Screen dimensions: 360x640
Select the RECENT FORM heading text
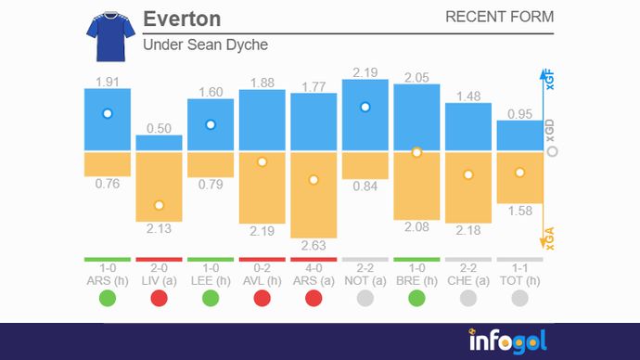coord(499,17)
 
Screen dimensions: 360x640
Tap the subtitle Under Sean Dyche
coord(205,45)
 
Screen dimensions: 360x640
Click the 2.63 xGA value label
coord(314,245)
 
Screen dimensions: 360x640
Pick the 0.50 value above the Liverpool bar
coord(159,128)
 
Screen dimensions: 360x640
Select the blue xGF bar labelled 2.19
coord(365,115)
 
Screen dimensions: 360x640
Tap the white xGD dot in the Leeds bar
coord(211,124)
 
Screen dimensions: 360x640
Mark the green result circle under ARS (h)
coord(107,299)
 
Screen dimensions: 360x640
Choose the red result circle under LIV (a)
coord(159,299)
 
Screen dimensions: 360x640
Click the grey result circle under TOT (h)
coord(519,299)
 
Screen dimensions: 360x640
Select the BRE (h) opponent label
coord(416,280)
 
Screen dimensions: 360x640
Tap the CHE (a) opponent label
coord(467,280)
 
